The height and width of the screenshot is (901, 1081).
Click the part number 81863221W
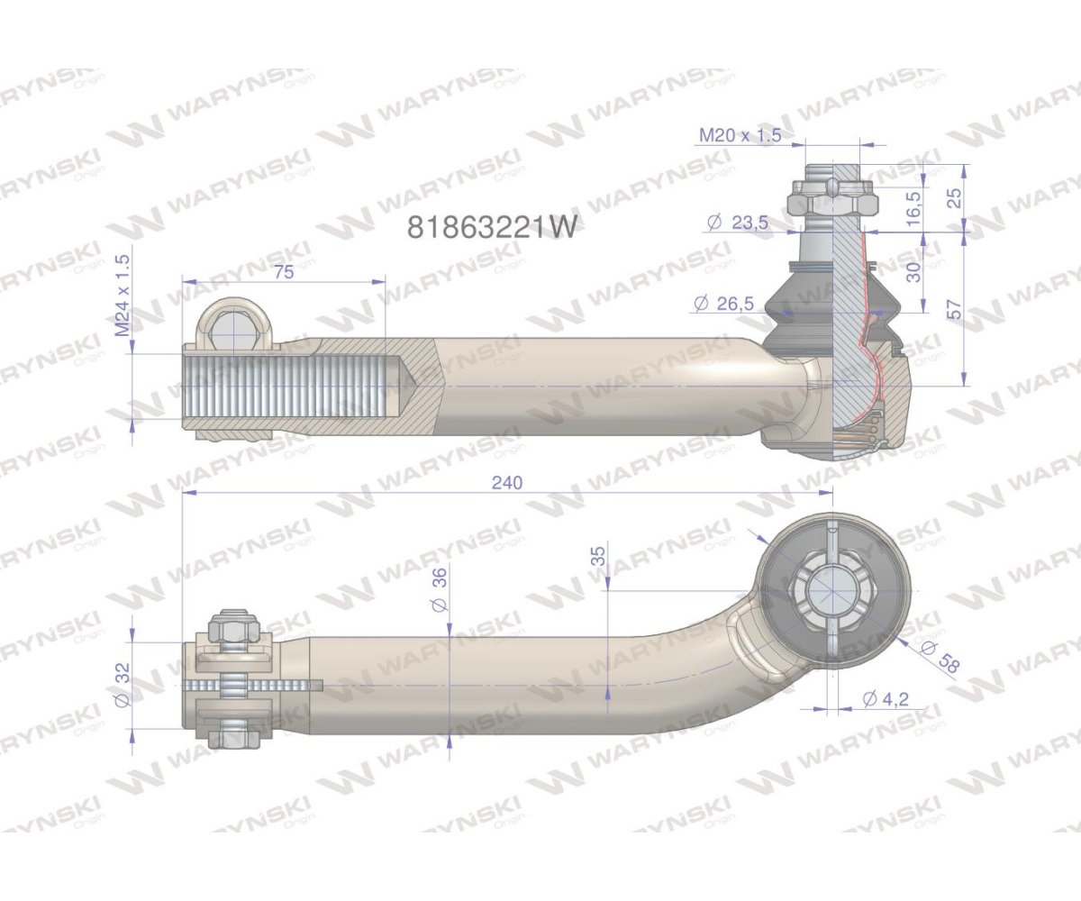[491, 227]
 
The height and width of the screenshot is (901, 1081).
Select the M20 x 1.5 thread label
[740, 135]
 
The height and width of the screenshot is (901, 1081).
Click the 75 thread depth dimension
[283, 273]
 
